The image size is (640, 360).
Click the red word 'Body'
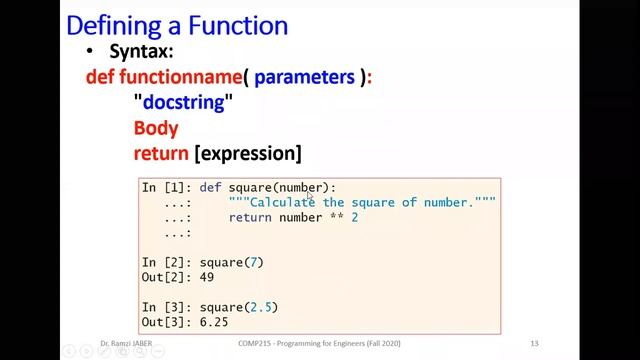pos(156,128)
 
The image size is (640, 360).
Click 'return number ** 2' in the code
pos(293,217)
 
